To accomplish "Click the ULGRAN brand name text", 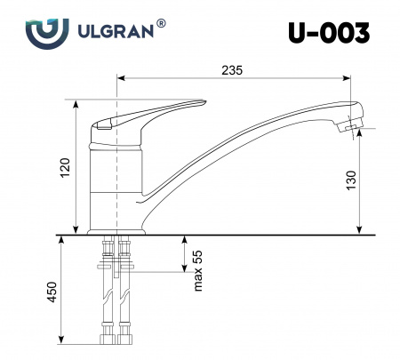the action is coord(116,31).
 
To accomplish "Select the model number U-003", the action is coord(329,33).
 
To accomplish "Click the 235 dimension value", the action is coord(232,70).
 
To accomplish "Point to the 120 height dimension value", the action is coord(65,168).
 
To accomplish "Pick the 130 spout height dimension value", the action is coord(351,180).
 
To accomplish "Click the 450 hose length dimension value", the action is coord(52,292).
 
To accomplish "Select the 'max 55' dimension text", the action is coord(197,270).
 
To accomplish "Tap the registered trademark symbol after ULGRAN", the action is coord(161,23).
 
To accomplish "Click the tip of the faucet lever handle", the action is coord(204,102).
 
